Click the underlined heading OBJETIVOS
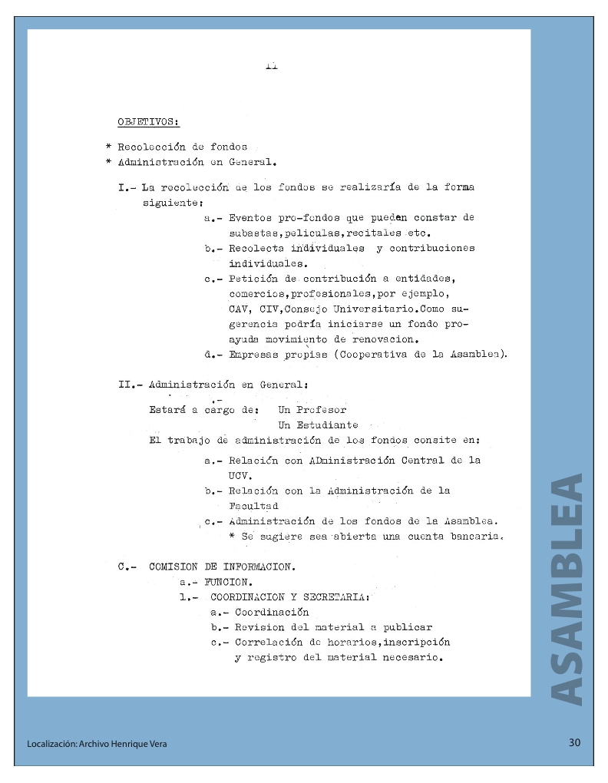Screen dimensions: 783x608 (x=148, y=121)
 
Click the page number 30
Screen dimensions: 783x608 (x=575, y=742)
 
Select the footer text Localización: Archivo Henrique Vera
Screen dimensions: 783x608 (x=97, y=744)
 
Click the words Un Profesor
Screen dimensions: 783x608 (x=312, y=409)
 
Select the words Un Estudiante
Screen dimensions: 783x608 (x=318, y=425)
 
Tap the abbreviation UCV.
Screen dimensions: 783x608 (x=240, y=475)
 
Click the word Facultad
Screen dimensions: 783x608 (x=253, y=506)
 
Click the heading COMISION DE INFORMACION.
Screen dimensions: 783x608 (x=221, y=567)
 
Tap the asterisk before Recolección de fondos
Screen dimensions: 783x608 (x=110, y=147)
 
